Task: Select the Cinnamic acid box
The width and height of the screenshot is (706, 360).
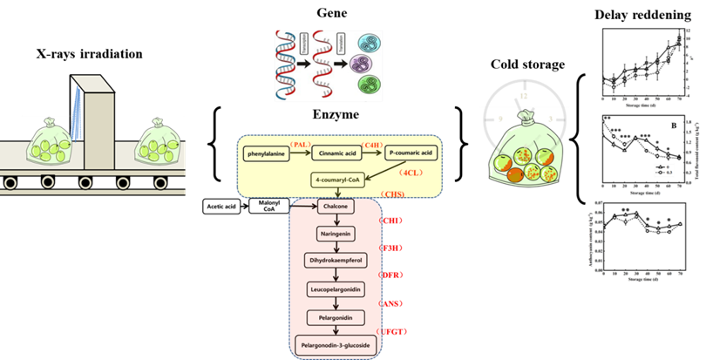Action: [x=336, y=153]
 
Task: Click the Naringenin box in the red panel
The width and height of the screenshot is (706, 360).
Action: [x=336, y=234]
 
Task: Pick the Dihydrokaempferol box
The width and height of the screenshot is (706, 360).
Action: [x=336, y=260]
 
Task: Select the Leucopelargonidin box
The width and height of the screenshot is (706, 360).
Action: [x=336, y=287]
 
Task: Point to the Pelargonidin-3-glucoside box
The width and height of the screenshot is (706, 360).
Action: [x=336, y=345]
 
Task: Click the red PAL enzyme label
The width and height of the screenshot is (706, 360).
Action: [x=301, y=143]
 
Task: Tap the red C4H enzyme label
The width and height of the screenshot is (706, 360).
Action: [x=373, y=143]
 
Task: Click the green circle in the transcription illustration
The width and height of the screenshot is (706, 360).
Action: [x=367, y=86]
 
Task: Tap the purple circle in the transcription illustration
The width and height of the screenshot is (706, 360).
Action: [x=367, y=65]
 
